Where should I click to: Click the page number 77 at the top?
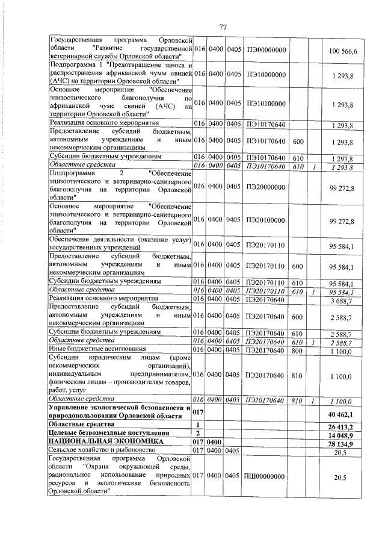coord(223,28)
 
